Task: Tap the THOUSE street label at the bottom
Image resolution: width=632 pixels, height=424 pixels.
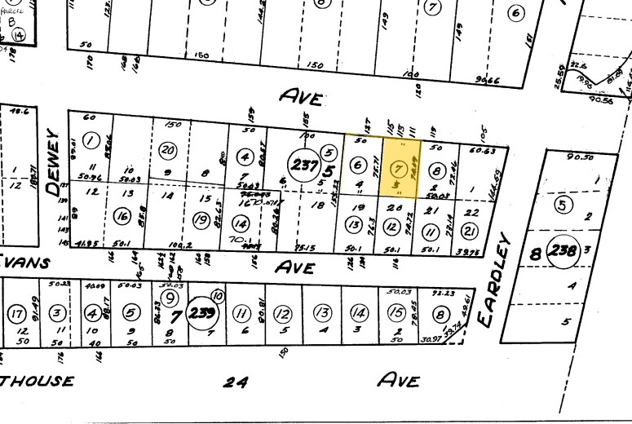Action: (x=37, y=381)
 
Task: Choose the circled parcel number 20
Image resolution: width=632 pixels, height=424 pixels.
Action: (x=168, y=150)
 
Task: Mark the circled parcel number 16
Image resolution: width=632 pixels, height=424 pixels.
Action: (x=122, y=217)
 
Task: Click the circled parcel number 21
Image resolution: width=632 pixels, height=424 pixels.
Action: (x=471, y=212)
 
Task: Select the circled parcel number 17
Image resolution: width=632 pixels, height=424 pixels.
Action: (x=15, y=314)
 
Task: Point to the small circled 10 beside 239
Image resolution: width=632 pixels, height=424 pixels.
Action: (x=217, y=296)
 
